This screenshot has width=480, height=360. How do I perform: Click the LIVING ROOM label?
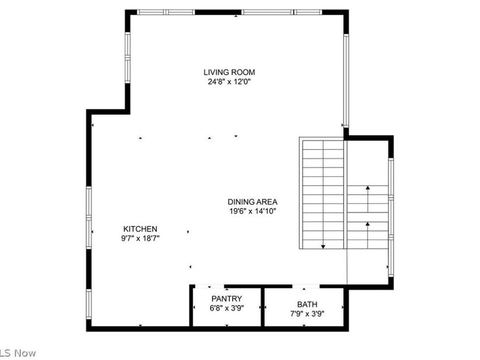(x=229, y=72)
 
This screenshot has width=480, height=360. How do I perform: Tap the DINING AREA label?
(x=252, y=202)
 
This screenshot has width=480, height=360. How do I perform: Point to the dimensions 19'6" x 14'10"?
(x=252, y=211)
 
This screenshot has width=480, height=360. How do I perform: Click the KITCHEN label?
(x=140, y=229)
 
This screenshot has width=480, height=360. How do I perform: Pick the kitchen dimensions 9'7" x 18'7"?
(x=140, y=238)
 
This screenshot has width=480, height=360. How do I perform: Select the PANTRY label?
(x=227, y=299)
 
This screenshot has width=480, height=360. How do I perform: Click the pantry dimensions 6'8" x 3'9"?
(x=227, y=308)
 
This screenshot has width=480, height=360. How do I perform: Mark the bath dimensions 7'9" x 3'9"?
(x=307, y=314)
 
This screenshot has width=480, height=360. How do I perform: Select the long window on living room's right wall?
(x=346, y=80)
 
